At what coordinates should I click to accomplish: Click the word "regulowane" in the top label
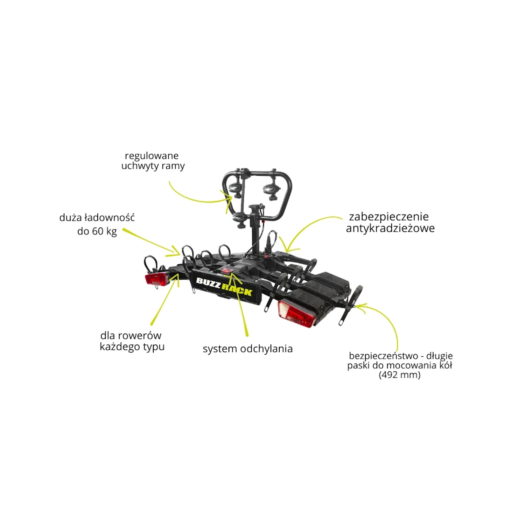(x=152, y=156)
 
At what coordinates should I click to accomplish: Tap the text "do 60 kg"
(x=97, y=231)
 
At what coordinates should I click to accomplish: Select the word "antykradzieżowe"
(x=390, y=228)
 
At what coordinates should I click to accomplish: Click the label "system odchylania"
(x=247, y=349)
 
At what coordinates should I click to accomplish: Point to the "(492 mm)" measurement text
(x=399, y=375)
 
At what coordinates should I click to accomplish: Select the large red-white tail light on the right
(x=295, y=313)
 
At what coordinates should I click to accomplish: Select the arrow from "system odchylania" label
(x=241, y=304)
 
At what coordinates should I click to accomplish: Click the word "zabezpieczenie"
(x=389, y=217)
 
